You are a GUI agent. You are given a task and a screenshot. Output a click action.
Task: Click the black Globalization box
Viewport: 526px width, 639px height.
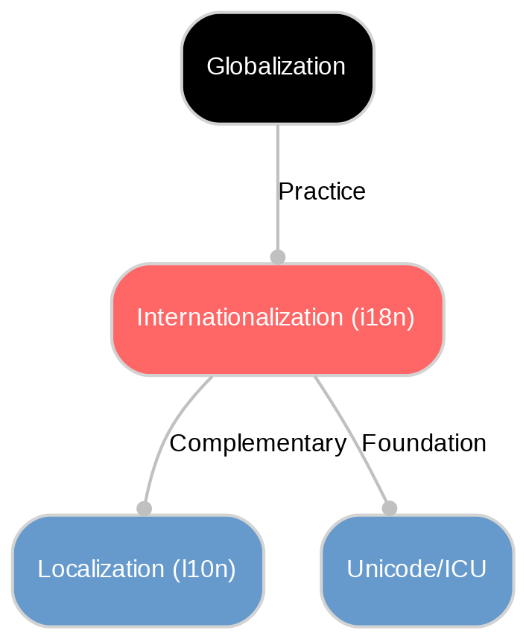coord(277,68)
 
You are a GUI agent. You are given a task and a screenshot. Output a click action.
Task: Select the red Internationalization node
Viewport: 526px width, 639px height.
coord(277,319)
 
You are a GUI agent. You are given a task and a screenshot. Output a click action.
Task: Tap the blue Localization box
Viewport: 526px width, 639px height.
coord(137,570)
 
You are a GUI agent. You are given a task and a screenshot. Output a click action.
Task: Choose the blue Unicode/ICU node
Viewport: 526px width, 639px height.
coord(416,570)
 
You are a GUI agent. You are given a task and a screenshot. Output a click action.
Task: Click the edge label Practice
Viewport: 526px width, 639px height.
coord(321,192)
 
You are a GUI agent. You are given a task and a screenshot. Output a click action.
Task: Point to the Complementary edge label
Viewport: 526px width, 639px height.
coord(258,444)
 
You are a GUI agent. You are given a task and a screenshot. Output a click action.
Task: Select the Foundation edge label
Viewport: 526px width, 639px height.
coord(423,444)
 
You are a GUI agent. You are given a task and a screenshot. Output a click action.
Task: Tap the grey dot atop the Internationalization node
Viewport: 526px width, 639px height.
coord(277,257)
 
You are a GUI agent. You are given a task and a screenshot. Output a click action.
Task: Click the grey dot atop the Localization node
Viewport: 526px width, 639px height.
coord(144,508)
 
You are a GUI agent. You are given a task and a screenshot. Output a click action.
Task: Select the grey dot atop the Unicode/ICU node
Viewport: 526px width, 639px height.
coord(389,508)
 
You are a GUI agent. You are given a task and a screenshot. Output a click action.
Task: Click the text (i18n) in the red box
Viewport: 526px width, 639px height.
coord(382,318)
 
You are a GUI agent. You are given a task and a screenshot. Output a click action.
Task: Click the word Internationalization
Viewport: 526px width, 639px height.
coord(241,318)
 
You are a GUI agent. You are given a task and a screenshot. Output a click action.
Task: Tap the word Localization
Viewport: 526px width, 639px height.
coord(101,570)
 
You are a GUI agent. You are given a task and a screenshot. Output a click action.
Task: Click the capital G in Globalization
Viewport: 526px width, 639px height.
coord(214,67)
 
